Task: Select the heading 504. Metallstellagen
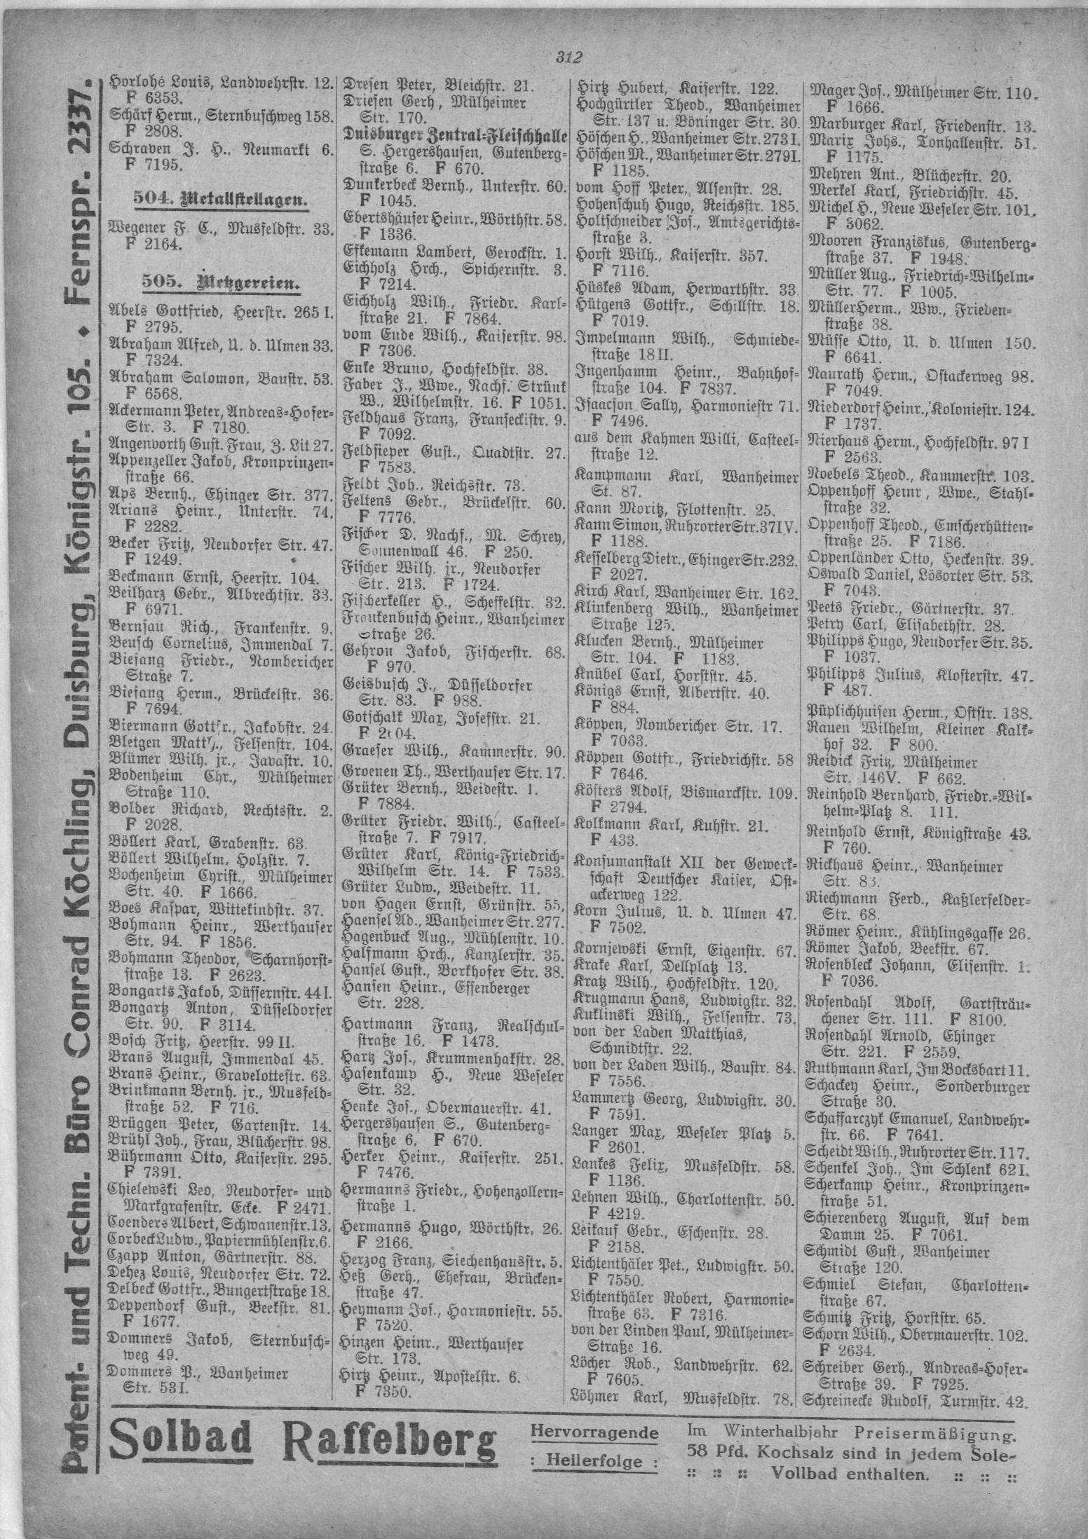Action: pyautogui.click(x=222, y=200)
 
